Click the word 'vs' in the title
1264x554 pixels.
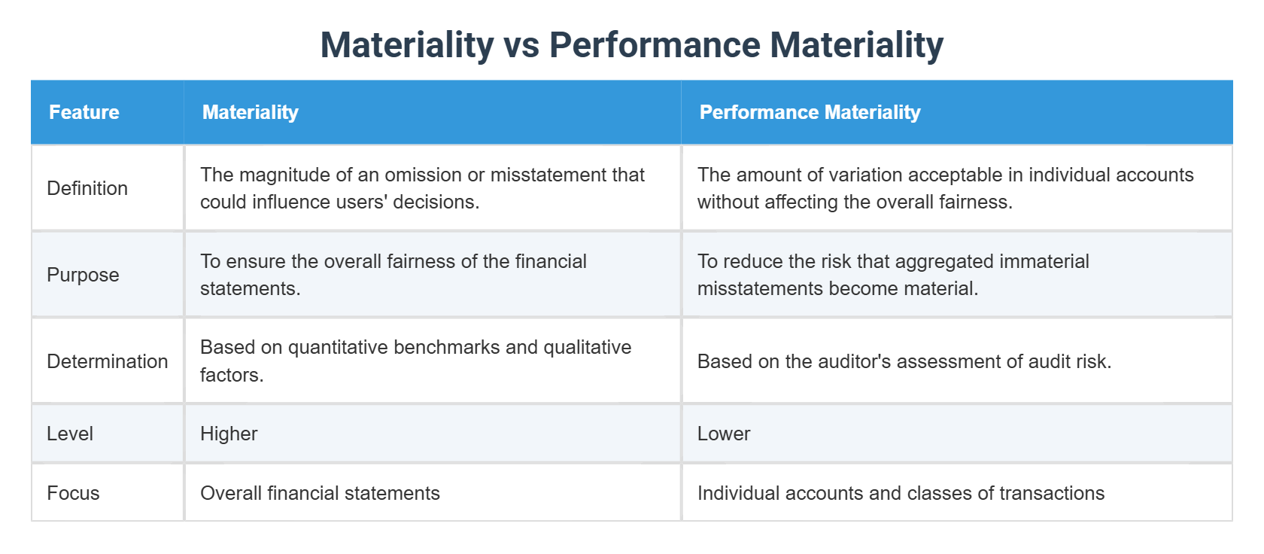coord(521,45)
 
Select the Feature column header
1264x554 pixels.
coord(84,112)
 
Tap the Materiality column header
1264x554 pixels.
coord(251,112)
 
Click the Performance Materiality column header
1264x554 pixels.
coord(810,112)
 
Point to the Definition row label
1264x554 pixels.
coord(87,188)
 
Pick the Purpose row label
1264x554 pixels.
coord(83,275)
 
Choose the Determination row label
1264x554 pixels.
coord(108,361)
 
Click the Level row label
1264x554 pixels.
coord(70,434)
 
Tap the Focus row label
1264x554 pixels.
coord(73,493)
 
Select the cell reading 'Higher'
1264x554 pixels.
coord(229,434)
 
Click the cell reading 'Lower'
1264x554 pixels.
coord(724,434)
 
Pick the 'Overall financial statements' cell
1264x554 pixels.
coord(320,493)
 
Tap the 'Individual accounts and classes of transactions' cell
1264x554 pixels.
coord(901,493)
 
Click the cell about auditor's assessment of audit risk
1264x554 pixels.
coord(904,361)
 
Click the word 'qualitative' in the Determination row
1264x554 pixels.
coord(587,347)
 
